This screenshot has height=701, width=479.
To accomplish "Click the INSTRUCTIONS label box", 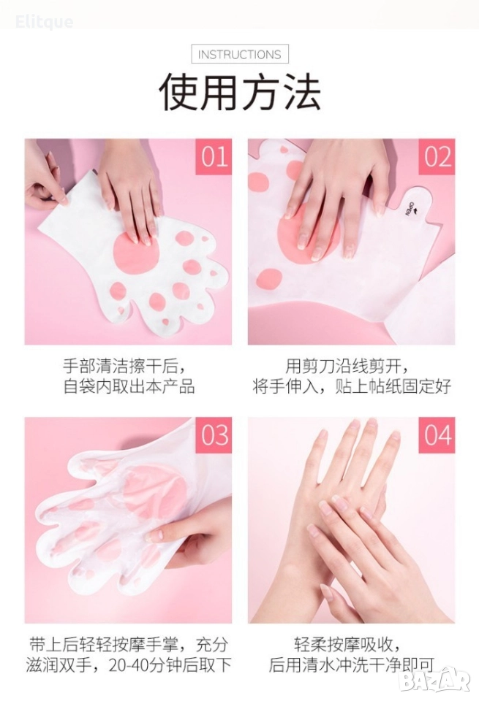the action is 240,54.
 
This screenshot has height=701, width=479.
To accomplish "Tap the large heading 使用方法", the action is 240,92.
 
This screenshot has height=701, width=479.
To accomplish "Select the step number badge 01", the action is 214,156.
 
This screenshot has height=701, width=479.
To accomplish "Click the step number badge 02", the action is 437,156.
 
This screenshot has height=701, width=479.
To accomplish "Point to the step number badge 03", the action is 214,435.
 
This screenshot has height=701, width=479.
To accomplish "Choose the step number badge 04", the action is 437,435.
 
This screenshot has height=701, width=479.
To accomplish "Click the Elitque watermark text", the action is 45,21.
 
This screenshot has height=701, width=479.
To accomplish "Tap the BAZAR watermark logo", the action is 434,680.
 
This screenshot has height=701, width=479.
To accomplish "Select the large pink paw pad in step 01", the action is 136,252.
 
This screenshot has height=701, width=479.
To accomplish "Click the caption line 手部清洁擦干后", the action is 124,367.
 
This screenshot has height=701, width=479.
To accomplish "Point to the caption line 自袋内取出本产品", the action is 129,386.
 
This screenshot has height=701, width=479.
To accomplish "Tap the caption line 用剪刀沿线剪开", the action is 347,367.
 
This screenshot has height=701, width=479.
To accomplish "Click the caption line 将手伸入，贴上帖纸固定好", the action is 352,386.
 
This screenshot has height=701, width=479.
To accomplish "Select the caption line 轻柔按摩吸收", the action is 347,645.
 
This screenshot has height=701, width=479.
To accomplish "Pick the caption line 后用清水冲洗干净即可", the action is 352,664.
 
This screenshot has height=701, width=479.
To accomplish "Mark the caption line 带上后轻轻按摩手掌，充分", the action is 129,645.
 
